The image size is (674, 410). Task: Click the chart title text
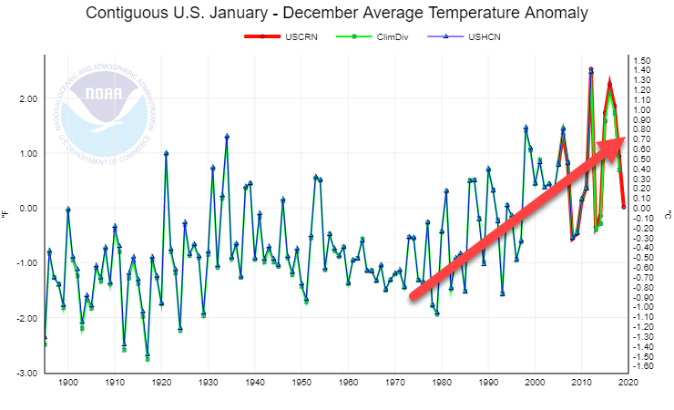pos(336,14)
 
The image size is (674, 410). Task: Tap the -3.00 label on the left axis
pos(26,374)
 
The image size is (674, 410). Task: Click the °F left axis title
pos(6,212)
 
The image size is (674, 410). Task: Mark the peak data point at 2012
pos(590,70)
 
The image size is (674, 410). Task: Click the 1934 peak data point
pos(227,137)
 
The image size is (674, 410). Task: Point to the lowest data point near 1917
pos(148,356)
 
